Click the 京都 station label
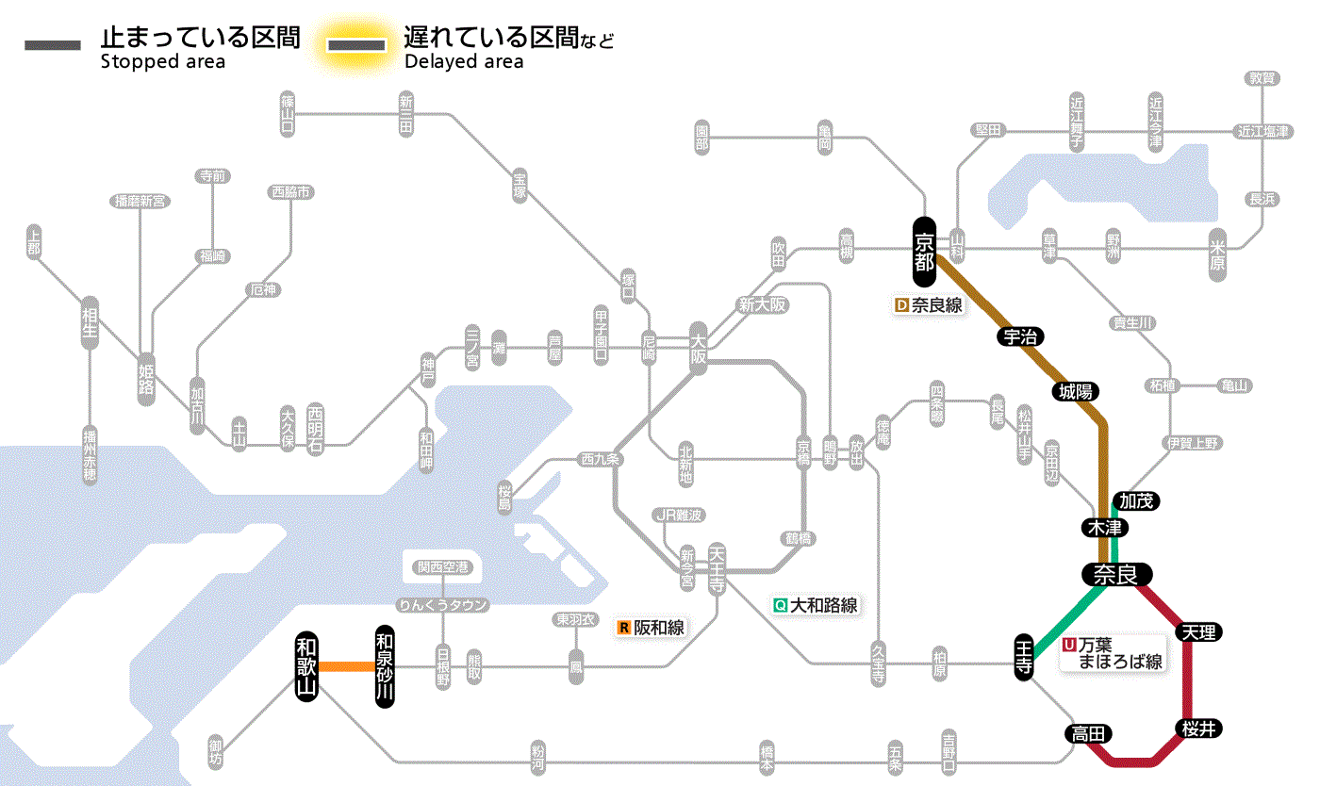(924, 251)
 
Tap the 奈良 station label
(1117, 574)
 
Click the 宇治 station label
(1020, 336)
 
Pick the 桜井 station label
(1198, 729)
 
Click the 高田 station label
(1089, 733)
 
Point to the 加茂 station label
(1135, 500)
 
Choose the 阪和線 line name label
(652, 628)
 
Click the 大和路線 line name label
(816, 606)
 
